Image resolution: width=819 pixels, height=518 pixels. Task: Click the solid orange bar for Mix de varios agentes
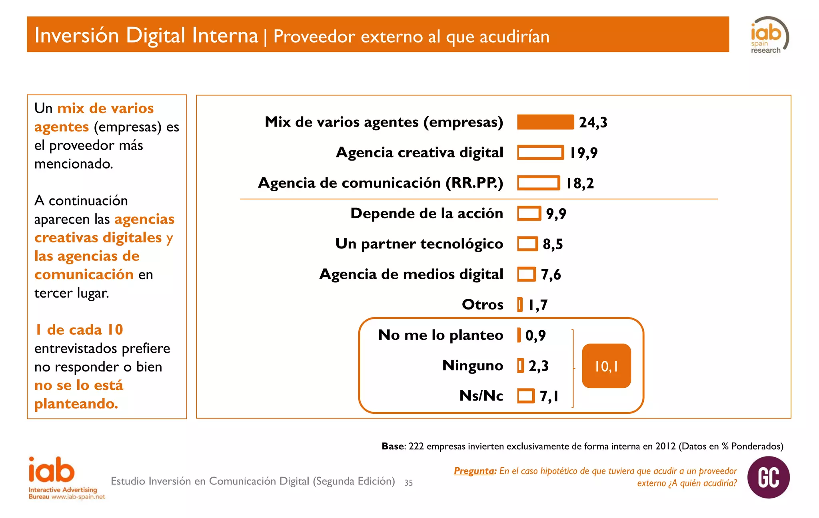pos(545,122)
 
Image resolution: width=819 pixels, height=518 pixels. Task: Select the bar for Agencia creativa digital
pos(540,153)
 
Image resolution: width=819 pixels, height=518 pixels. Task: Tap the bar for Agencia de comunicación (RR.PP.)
pos(538,183)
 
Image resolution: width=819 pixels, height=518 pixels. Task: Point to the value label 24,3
pos(593,122)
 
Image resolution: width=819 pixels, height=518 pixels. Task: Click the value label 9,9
pos(556,214)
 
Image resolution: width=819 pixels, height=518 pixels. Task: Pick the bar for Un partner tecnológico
pos(527,244)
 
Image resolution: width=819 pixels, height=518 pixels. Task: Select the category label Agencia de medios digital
pos(411,274)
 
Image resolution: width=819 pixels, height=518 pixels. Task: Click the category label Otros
pos(482,305)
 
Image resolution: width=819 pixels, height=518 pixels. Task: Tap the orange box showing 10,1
pos(606,366)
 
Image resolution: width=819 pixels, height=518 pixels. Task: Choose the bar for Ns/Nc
pos(526,396)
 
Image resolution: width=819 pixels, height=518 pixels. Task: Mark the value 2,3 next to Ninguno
pos(538,366)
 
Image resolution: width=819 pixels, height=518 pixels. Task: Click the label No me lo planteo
pos(440,335)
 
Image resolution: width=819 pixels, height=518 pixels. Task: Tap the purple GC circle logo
pos(768,477)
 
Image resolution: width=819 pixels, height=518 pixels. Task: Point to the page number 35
pos(408,482)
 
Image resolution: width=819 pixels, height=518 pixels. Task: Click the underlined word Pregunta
pos(474,471)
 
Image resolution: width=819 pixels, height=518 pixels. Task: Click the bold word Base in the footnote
pos(393,446)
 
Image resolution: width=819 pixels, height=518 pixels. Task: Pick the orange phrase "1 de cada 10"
pos(79,330)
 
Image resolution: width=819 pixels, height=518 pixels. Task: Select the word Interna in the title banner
pos(225,35)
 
